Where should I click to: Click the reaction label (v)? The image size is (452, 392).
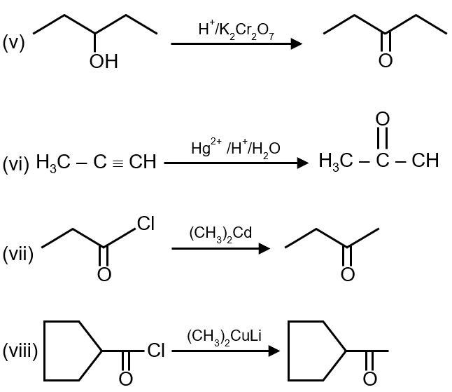(x=14, y=43)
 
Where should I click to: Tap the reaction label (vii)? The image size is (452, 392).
(x=18, y=255)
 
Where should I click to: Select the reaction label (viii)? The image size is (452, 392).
(x=20, y=351)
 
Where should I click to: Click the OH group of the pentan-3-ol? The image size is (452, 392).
(x=104, y=63)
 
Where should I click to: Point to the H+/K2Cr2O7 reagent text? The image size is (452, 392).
(x=236, y=29)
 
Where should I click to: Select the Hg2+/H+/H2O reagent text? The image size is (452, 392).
(x=236, y=148)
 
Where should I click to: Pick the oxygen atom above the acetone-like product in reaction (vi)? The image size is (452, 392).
(x=382, y=120)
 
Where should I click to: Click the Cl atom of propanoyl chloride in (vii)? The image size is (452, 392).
(x=146, y=224)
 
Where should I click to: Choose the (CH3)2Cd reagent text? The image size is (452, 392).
(x=220, y=233)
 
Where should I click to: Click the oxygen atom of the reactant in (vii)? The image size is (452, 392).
(x=104, y=273)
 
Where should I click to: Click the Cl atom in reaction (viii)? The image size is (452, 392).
(x=155, y=350)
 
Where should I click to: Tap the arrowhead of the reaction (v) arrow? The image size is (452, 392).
(x=297, y=43)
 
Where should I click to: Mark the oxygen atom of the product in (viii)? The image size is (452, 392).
(x=369, y=379)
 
